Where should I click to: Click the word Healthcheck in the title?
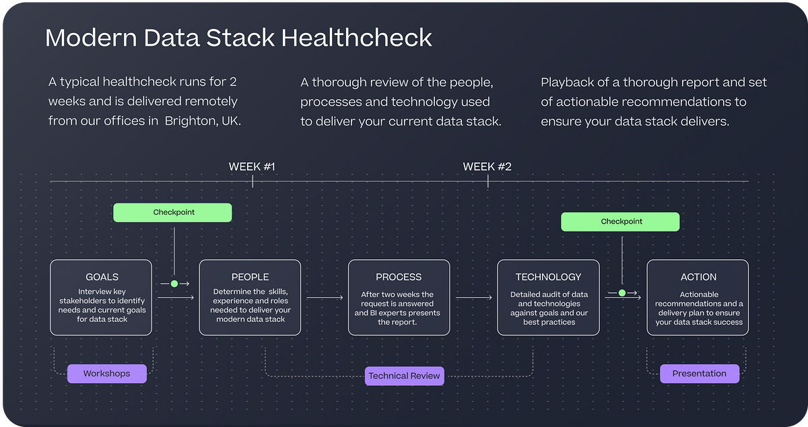(356, 38)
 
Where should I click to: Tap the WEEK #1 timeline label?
(252, 166)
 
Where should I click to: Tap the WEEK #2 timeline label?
(487, 166)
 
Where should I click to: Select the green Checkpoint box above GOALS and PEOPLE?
(173, 212)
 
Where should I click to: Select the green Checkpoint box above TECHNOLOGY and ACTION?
(621, 222)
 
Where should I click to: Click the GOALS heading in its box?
(102, 277)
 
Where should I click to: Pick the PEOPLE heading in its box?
(250, 277)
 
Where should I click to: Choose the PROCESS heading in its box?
(399, 277)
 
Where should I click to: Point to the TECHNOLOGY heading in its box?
(548, 277)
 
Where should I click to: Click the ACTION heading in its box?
(698, 277)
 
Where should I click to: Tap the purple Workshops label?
(106, 373)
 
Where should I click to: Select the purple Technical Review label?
(404, 376)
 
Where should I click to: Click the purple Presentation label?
(699, 373)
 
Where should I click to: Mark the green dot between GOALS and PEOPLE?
(174, 284)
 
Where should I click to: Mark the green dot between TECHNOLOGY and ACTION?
(621, 293)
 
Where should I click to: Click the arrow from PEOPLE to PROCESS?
(325, 297)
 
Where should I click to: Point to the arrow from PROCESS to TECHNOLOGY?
(473, 297)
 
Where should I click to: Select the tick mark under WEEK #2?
(488, 180)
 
